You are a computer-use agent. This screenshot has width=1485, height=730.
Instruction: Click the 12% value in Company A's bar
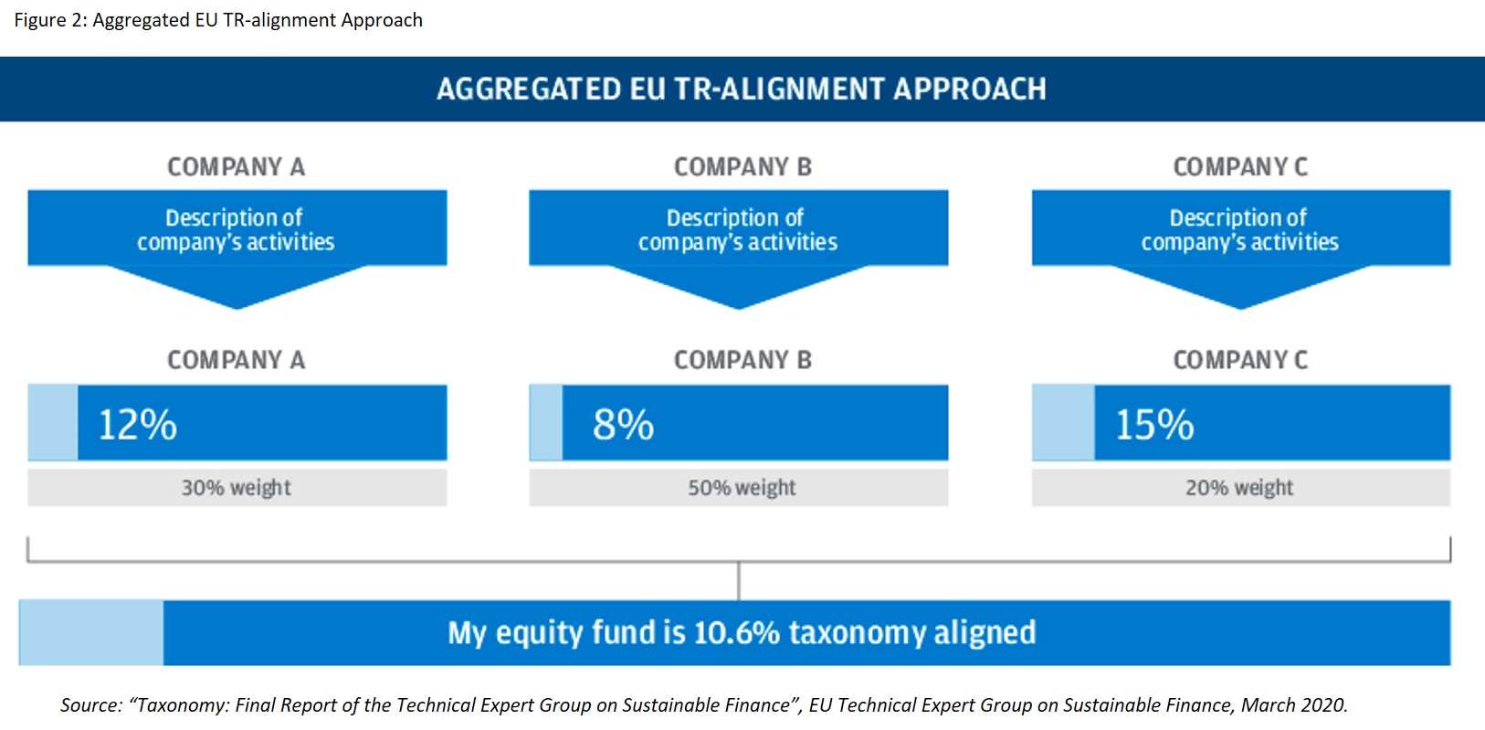(x=138, y=424)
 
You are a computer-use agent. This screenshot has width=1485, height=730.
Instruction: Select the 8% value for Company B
(x=623, y=424)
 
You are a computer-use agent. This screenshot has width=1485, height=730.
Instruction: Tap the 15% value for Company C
(x=1155, y=424)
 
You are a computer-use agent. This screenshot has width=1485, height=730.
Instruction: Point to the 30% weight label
(x=236, y=488)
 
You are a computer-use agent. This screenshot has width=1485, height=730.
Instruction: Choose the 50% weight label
(x=742, y=488)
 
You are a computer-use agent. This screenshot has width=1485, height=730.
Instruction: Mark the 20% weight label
(x=1239, y=488)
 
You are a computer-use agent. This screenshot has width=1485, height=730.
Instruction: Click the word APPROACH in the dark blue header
(x=970, y=89)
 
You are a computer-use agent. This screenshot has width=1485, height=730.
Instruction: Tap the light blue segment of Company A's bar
(x=53, y=422)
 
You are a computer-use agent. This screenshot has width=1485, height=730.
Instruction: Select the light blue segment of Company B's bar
(x=545, y=422)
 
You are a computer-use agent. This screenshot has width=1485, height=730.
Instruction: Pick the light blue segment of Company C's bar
(x=1063, y=422)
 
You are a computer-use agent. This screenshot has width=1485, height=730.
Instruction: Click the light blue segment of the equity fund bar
(x=90, y=632)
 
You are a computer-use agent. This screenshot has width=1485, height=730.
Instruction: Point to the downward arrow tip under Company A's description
(x=237, y=309)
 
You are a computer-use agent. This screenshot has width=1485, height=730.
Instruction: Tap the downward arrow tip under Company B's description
(x=739, y=309)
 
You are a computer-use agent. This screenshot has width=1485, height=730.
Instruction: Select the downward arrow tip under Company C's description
(x=1241, y=309)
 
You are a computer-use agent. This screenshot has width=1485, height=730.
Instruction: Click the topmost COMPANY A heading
(x=236, y=167)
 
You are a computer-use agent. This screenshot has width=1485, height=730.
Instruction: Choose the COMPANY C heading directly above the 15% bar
(x=1240, y=360)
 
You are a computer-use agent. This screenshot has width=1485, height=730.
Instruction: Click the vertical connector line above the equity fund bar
(x=739, y=581)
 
